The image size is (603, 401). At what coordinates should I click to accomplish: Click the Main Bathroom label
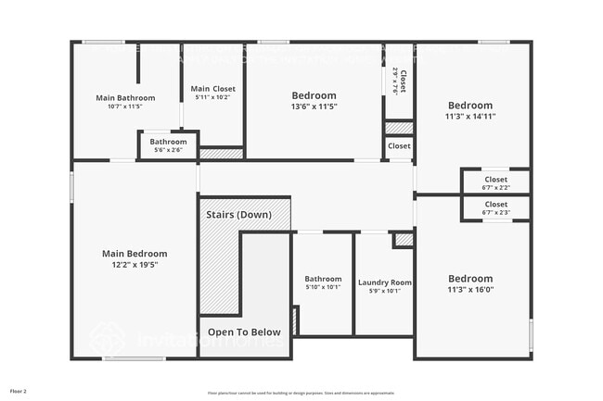[125, 97]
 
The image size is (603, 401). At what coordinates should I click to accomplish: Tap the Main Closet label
[213, 89]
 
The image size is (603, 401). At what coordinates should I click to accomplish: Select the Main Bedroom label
[135, 254]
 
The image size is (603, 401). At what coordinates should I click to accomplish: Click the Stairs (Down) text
[240, 215]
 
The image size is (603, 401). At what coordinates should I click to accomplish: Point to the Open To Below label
[244, 332]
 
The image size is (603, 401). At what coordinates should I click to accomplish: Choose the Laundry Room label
[384, 282]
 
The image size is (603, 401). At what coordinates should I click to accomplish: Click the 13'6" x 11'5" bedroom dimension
[314, 107]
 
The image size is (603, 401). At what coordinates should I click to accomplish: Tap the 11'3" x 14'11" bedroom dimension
[470, 117]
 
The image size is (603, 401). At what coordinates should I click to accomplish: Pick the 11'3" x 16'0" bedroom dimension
[470, 290]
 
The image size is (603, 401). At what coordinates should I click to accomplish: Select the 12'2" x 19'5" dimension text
[135, 265]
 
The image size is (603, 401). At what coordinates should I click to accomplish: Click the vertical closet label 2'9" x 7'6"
[395, 81]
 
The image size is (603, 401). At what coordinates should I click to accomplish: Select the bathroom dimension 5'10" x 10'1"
[324, 287]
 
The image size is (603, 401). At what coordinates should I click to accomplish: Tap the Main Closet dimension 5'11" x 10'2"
[213, 97]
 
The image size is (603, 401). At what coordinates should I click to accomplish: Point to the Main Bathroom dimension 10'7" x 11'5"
[125, 106]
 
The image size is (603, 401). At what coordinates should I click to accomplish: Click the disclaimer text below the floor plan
[301, 393]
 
